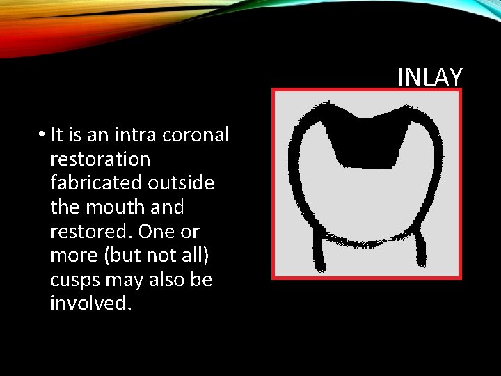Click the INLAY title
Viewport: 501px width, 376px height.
point(429,77)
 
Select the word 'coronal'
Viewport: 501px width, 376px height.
point(201,134)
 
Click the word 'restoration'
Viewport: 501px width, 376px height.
point(100,159)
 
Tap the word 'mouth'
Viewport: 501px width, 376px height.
point(115,207)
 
